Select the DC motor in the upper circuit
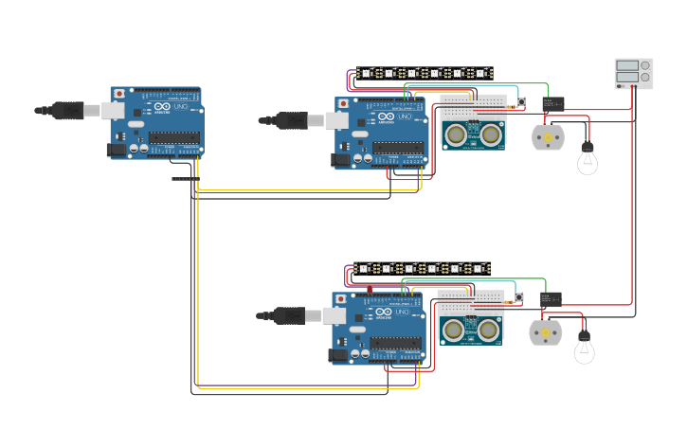547,137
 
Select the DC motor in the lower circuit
544,332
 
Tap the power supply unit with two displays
633,74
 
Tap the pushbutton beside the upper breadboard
520,103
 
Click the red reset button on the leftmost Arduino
118,94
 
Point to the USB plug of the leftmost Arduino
68,111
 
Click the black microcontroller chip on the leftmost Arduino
173,138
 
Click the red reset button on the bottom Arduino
340,299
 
